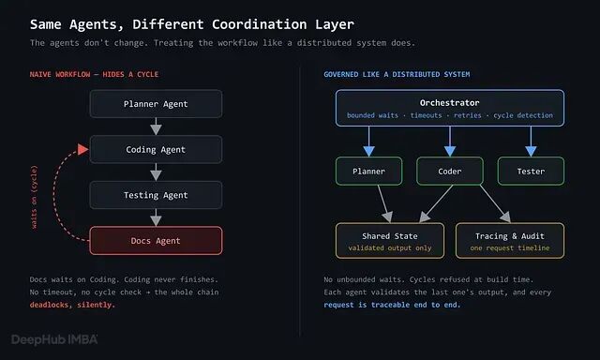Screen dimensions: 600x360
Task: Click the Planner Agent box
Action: pyautogui.click(x=156, y=104)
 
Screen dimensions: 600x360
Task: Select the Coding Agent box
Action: pyautogui.click(x=156, y=149)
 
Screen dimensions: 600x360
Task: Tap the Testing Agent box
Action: pyautogui.click(x=156, y=195)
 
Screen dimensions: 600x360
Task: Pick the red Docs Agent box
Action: pyautogui.click(x=156, y=241)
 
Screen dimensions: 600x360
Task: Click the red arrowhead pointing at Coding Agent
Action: pyautogui.click(x=83, y=149)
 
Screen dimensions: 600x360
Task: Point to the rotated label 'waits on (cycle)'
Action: pyautogui.click(x=34, y=197)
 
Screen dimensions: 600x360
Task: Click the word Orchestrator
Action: pyautogui.click(x=450, y=102)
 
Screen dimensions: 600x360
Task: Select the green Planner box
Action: pyautogui.click(x=368, y=171)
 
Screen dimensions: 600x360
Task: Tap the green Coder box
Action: pyautogui.click(x=450, y=171)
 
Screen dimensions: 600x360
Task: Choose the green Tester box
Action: pyautogui.click(x=531, y=171)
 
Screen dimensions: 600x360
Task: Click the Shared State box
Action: pyautogui.click(x=390, y=241)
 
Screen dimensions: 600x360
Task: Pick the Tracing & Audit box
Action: pyautogui.click(x=510, y=241)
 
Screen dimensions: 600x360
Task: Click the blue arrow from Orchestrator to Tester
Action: pyautogui.click(x=531, y=142)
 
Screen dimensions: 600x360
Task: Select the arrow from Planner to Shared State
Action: pyautogui.click(x=384, y=204)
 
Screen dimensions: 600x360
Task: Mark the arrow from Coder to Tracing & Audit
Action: pyautogui.click(x=495, y=204)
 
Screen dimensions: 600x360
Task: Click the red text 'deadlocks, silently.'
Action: pyautogui.click(x=72, y=305)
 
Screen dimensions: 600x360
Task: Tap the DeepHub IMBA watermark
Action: pyautogui.click(x=54, y=339)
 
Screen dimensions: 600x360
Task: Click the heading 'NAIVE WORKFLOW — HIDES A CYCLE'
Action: pyautogui.click(x=94, y=74)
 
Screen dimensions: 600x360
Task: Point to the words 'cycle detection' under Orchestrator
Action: pyautogui.click(x=523, y=115)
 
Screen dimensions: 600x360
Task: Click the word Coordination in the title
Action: pyautogui.click(x=260, y=24)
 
